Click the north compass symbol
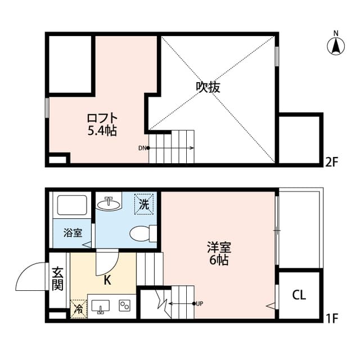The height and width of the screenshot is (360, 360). [x=336, y=45]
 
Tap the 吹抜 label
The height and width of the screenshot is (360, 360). [x=208, y=87]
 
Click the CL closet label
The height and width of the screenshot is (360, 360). [x=299, y=295]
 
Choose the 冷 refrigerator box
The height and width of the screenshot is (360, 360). [x=78, y=309]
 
